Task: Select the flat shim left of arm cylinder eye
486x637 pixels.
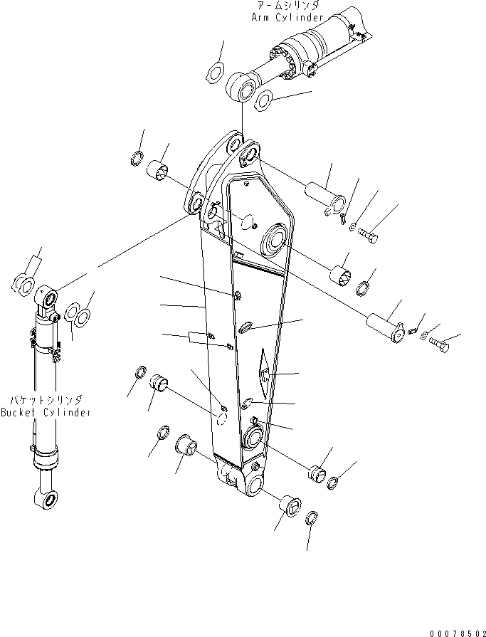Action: (x=215, y=71)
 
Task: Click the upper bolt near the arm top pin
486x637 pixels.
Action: (x=367, y=232)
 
